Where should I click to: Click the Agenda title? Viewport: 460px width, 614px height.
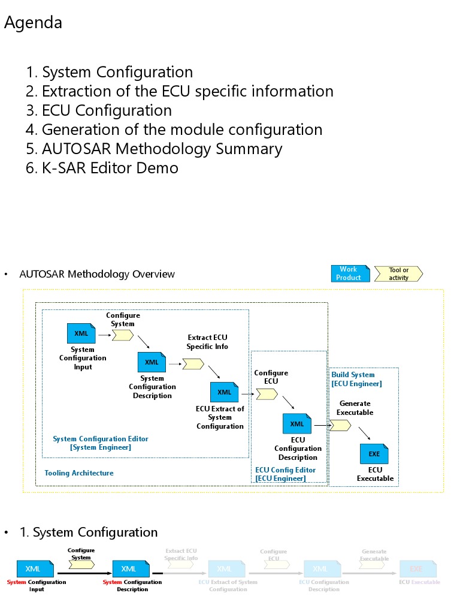coord(33,23)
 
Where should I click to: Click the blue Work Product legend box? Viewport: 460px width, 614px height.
coord(350,274)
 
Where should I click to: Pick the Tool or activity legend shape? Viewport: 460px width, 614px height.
coord(398,274)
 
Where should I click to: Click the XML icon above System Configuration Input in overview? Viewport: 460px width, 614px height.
coord(81,333)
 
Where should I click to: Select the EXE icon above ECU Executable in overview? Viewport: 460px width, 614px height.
coord(374,454)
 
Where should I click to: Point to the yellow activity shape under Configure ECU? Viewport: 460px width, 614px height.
coord(267,394)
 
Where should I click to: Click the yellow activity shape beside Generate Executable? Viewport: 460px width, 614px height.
coord(340,425)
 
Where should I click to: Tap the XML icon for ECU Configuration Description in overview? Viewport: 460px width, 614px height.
coord(297,424)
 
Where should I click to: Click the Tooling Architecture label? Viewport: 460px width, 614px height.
coord(78,473)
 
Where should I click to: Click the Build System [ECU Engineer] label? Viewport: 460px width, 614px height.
coord(356,379)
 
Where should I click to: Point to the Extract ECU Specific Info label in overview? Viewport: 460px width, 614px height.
coord(207,342)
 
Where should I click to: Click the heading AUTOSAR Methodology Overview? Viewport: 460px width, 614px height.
coord(97,274)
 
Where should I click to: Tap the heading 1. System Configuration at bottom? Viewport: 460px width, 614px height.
coord(89,532)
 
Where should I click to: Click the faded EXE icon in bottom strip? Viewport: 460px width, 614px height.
coord(416,568)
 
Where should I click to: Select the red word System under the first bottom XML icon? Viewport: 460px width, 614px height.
coord(16,582)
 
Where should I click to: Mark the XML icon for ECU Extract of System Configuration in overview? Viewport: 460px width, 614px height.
coord(224,392)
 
